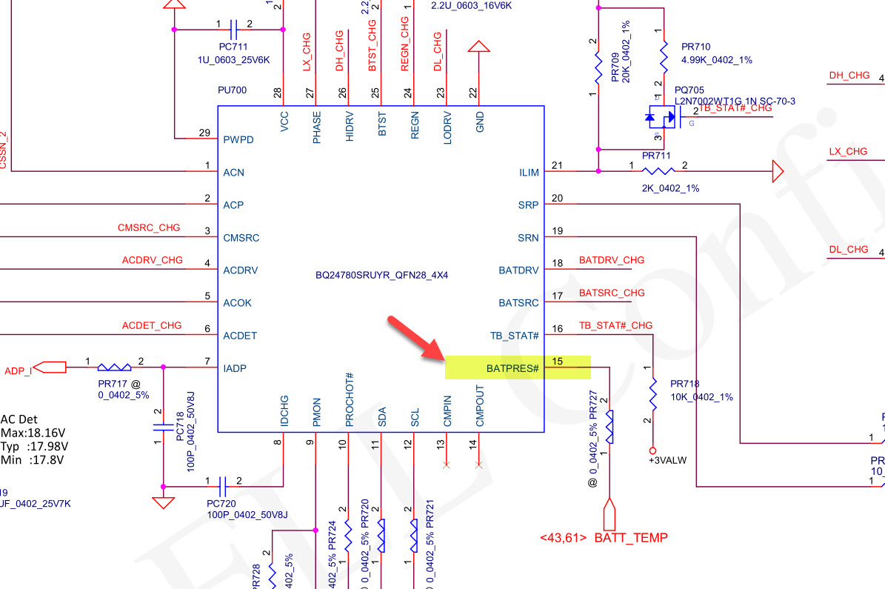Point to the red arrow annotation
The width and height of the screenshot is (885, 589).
click(415, 339)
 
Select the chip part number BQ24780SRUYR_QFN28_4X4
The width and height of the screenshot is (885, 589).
click(382, 276)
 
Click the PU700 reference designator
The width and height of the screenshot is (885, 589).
click(232, 90)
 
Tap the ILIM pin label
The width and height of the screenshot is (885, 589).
click(529, 173)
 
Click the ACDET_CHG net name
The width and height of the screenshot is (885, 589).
click(152, 325)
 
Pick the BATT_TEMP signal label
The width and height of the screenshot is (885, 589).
click(630, 538)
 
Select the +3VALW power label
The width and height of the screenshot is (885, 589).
click(667, 460)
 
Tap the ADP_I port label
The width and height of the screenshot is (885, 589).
click(19, 370)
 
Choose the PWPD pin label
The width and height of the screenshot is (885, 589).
click(238, 139)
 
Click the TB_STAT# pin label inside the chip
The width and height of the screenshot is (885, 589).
click(515, 336)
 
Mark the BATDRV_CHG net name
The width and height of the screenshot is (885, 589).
click(612, 260)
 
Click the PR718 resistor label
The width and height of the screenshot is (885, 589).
click(685, 384)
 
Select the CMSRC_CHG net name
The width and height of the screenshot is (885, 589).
click(149, 227)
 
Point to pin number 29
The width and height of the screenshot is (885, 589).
click(205, 133)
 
